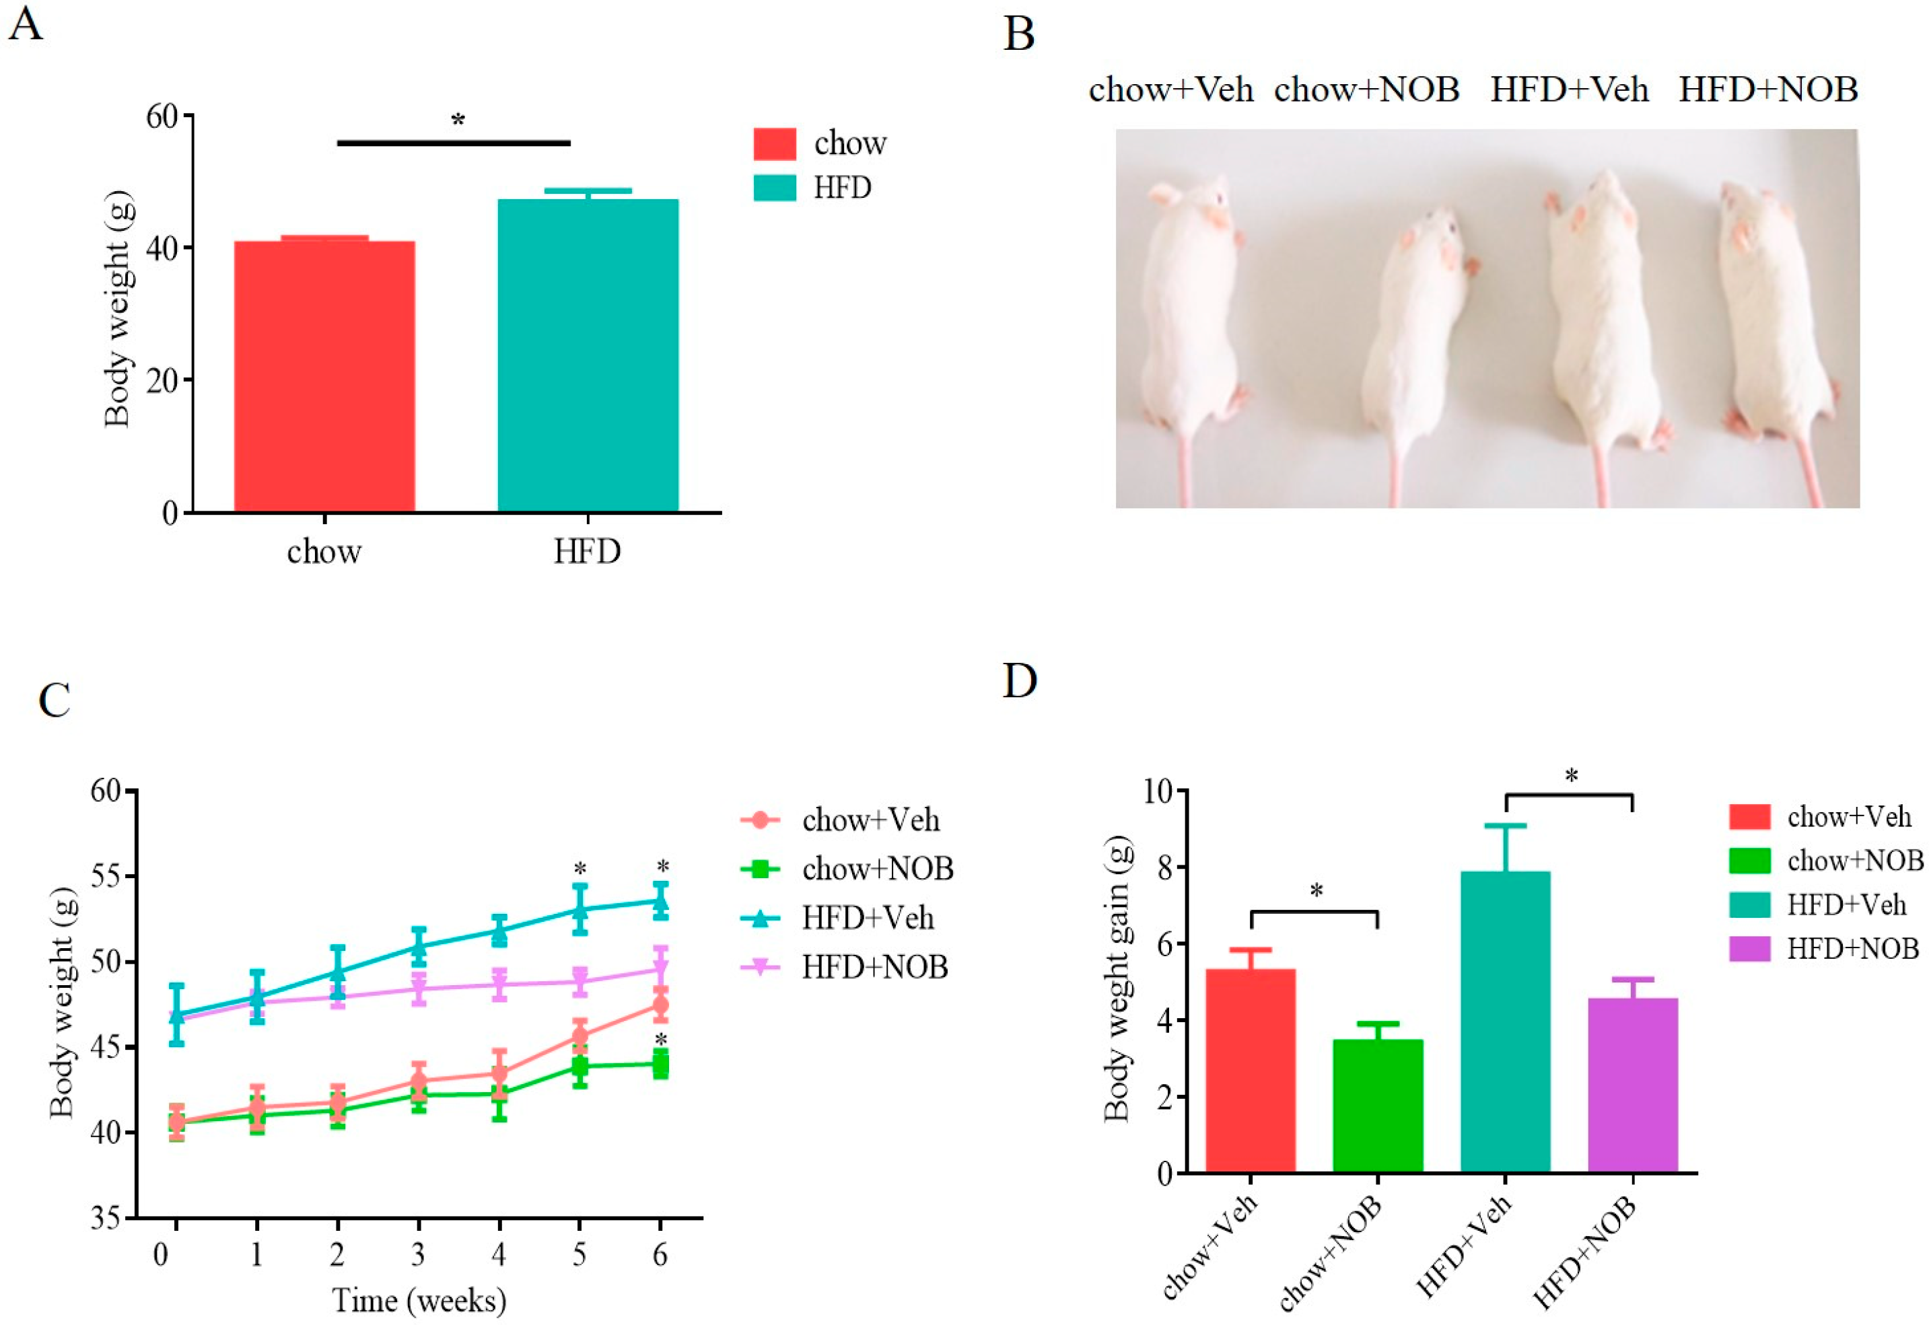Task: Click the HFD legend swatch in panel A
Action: (x=774, y=188)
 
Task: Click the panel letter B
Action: (x=1019, y=35)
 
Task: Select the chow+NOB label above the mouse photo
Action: (x=1366, y=89)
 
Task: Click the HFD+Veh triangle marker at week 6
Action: (x=661, y=901)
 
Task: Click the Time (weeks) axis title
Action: (x=419, y=1300)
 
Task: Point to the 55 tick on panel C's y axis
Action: (x=106, y=877)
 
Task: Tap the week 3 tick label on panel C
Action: (x=418, y=1254)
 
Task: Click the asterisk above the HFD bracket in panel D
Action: (x=1570, y=777)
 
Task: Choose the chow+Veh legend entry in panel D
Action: (x=1848, y=817)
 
